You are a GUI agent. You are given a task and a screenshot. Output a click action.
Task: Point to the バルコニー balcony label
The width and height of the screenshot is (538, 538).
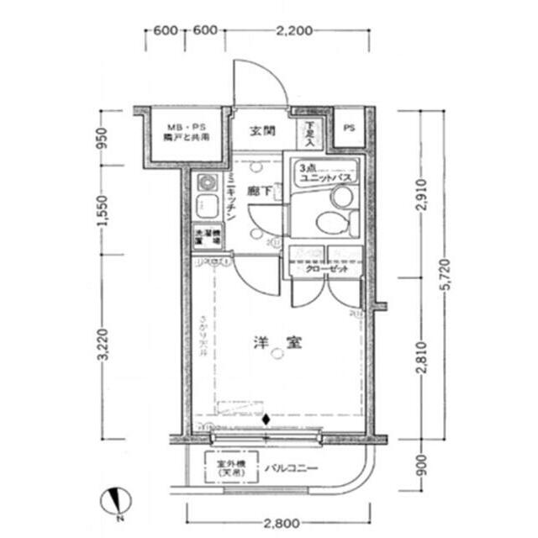[x=293, y=469]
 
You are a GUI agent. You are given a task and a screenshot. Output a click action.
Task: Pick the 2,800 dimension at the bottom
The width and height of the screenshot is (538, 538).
[x=280, y=524]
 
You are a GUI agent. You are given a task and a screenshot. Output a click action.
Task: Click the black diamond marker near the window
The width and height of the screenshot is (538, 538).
[x=266, y=419]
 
